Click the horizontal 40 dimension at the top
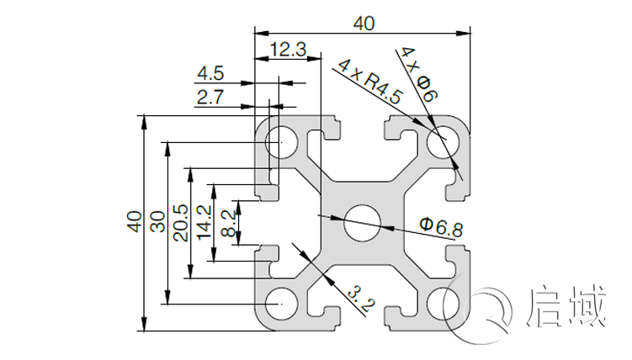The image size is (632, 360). (364, 24)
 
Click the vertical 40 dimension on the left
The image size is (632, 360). (133, 220)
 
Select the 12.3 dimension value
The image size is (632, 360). (289, 50)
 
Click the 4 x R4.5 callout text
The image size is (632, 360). (369, 82)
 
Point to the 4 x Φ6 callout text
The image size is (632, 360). (417, 74)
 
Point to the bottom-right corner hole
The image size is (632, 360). (441, 301)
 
